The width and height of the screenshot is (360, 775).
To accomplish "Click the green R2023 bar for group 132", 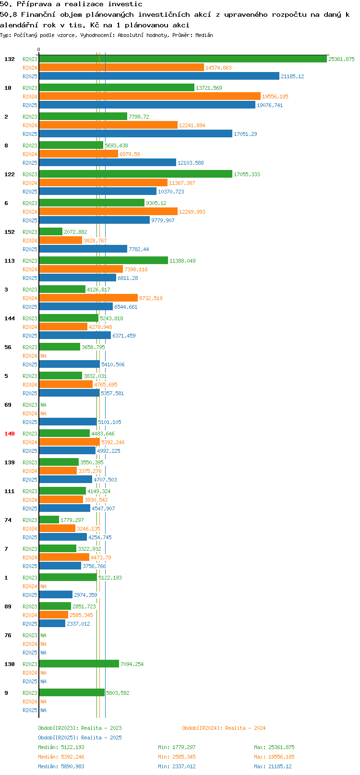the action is coord(183,59).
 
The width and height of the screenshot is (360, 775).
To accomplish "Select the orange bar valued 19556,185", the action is coord(150,96).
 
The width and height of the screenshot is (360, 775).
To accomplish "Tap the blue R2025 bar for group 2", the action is coord(135,133).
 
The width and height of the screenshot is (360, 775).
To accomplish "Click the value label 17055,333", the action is coord(247,174).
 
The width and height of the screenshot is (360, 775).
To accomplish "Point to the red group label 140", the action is coord(9,434).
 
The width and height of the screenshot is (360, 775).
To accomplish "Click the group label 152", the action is coord(9,232).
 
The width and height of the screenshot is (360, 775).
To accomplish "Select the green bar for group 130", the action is coord(79,664).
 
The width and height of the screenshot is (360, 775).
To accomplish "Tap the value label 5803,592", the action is coord(118,693).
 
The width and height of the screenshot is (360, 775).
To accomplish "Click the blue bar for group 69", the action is coord(68,422).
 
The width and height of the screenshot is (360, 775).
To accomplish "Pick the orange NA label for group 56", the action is coord(43,356).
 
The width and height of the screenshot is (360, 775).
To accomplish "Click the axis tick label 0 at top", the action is coord(38,49).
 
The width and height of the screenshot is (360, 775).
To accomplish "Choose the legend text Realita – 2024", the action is coord(245,728).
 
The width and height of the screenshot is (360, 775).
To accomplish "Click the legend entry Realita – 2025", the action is coord(101,738).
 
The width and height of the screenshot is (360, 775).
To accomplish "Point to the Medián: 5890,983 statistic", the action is coord(61,766).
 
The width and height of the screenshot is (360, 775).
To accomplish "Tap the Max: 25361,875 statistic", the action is coord(274,747).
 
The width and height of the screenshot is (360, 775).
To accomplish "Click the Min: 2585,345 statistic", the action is coord(177,757).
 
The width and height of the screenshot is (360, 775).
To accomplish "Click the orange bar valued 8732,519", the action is coord(88,298).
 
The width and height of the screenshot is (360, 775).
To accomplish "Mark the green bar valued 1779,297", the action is coord(49,520).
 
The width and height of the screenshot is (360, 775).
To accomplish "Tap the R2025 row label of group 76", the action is coord(30,653).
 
